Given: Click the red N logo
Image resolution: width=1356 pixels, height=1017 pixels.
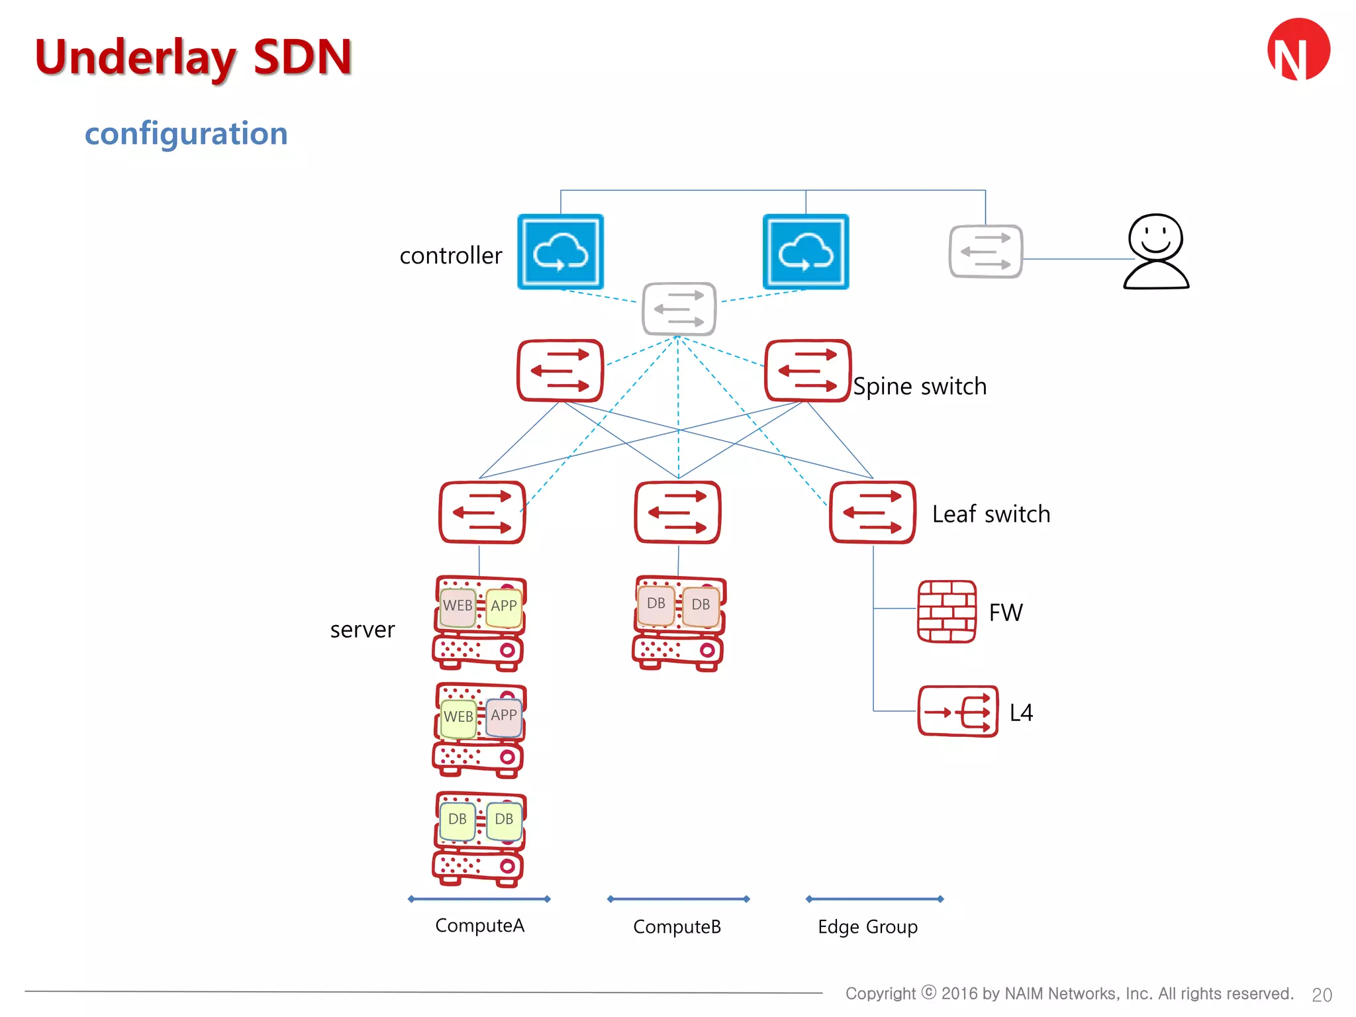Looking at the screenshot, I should pyautogui.click(x=1298, y=50).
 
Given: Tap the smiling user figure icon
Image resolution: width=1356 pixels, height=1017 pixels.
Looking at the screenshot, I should pyautogui.click(x=1156, y=252).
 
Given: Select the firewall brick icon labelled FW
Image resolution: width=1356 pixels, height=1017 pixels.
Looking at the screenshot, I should pyautogui.click(x=946, y=612).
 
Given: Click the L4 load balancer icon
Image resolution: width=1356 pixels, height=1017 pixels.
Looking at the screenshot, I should pyautogui.click(x=957, y=712).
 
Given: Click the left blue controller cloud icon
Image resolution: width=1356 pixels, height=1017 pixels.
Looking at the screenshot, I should pyautogui.click(x=560, y=252).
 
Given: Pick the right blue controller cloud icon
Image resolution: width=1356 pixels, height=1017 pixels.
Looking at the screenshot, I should pyautogui.click(x=805, y=252).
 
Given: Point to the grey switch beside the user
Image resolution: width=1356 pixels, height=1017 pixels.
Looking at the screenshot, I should pyautogui.click(x=985, y=252).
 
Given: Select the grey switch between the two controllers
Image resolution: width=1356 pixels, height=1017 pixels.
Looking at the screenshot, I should pyautogui.click(x=679, y=309).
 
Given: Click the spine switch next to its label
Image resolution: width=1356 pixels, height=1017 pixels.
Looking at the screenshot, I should pyautogui.click(x=807, y=371).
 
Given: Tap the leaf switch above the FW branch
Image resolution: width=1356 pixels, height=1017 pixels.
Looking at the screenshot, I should pyautogui.click(x=872, y=512).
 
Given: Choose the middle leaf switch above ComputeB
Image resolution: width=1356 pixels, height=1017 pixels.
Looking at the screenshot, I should pyautogui.click(x=677, y=512).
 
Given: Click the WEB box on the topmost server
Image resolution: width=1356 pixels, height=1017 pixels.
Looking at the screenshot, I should pyautogui.click(x=458, y=606).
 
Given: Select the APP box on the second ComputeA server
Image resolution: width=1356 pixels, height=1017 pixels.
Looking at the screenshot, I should pyautogui.click(x=504, y=716).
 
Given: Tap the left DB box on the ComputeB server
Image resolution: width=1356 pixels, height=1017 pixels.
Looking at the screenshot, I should pyautogui.click(x=656, y=604).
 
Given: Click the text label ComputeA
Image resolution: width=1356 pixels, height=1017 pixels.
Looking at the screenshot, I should pyautogui.click(x=479, y=926).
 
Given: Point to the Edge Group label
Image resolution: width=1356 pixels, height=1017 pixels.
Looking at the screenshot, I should pyautogui.click(x=867, y=927).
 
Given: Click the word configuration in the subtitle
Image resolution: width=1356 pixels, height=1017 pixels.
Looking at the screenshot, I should pyautogui.click(x=186, y=134).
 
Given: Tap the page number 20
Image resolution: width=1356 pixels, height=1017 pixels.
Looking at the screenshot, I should pyautogui.click(x=1322, y=994).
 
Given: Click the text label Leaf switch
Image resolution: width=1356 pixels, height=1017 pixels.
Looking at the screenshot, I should pyautogui.click(x=991, y=514).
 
